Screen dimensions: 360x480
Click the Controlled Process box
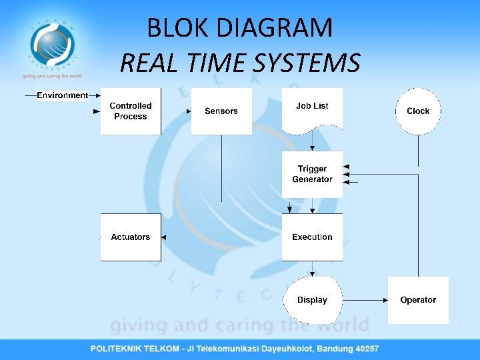131,111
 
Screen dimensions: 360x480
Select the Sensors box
221,111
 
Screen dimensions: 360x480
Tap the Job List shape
312,108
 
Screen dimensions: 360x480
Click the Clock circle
418,111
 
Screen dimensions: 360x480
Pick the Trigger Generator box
312,174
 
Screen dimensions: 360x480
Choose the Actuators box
131,237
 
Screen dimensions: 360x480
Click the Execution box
312,237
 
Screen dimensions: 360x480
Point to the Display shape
312,300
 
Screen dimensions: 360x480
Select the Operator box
418,300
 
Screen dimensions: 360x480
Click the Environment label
63,95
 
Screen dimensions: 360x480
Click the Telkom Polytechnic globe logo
52,43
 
